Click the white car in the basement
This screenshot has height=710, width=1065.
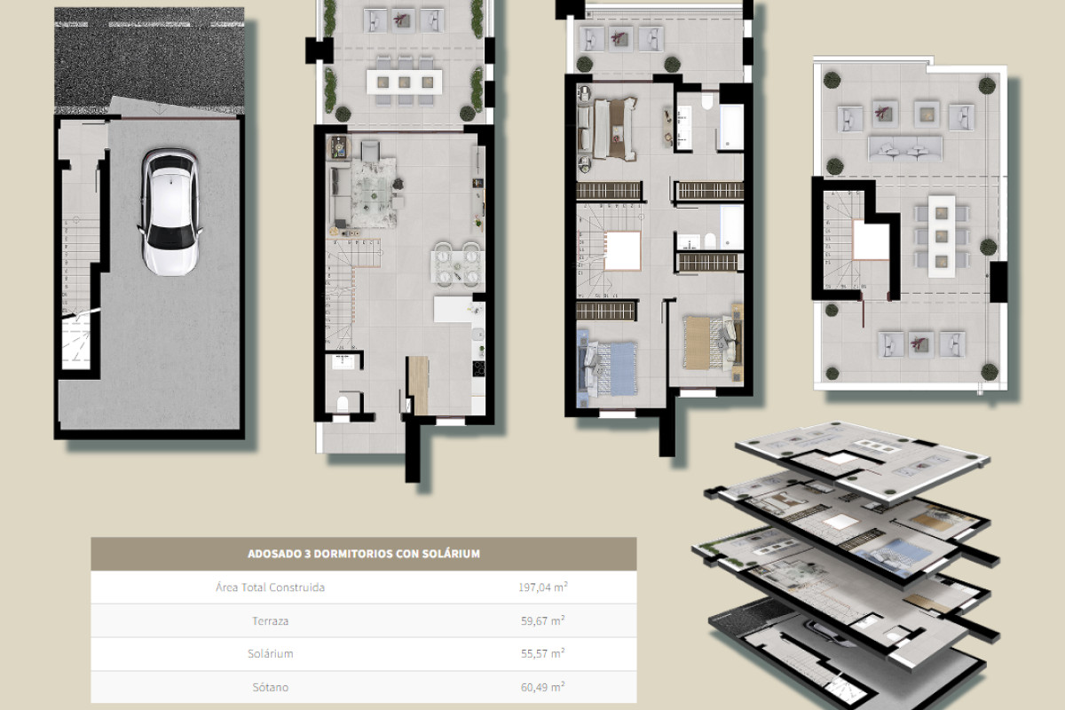pos(170,211)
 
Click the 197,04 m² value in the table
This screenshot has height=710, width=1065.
pos(542,588)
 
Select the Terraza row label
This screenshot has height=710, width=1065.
pos(270,621)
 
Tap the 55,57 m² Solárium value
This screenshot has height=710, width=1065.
pos(542,653)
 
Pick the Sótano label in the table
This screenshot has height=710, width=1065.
pos(270,687)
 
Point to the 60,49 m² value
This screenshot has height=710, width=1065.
pos(542,687)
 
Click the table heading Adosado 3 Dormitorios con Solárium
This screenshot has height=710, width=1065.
pos(364,554)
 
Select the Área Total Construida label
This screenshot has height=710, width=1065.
pos(270,588)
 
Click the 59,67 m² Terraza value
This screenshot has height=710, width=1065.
pos(542,621)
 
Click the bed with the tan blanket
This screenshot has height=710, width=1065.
pos(708,339)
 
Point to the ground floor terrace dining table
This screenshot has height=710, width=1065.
pos(404,81)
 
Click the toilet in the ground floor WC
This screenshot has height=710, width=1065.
pos(342,405)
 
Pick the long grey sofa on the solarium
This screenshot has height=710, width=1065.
pos(904,148)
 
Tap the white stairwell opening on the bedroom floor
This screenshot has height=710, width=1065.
pos(623,249)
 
